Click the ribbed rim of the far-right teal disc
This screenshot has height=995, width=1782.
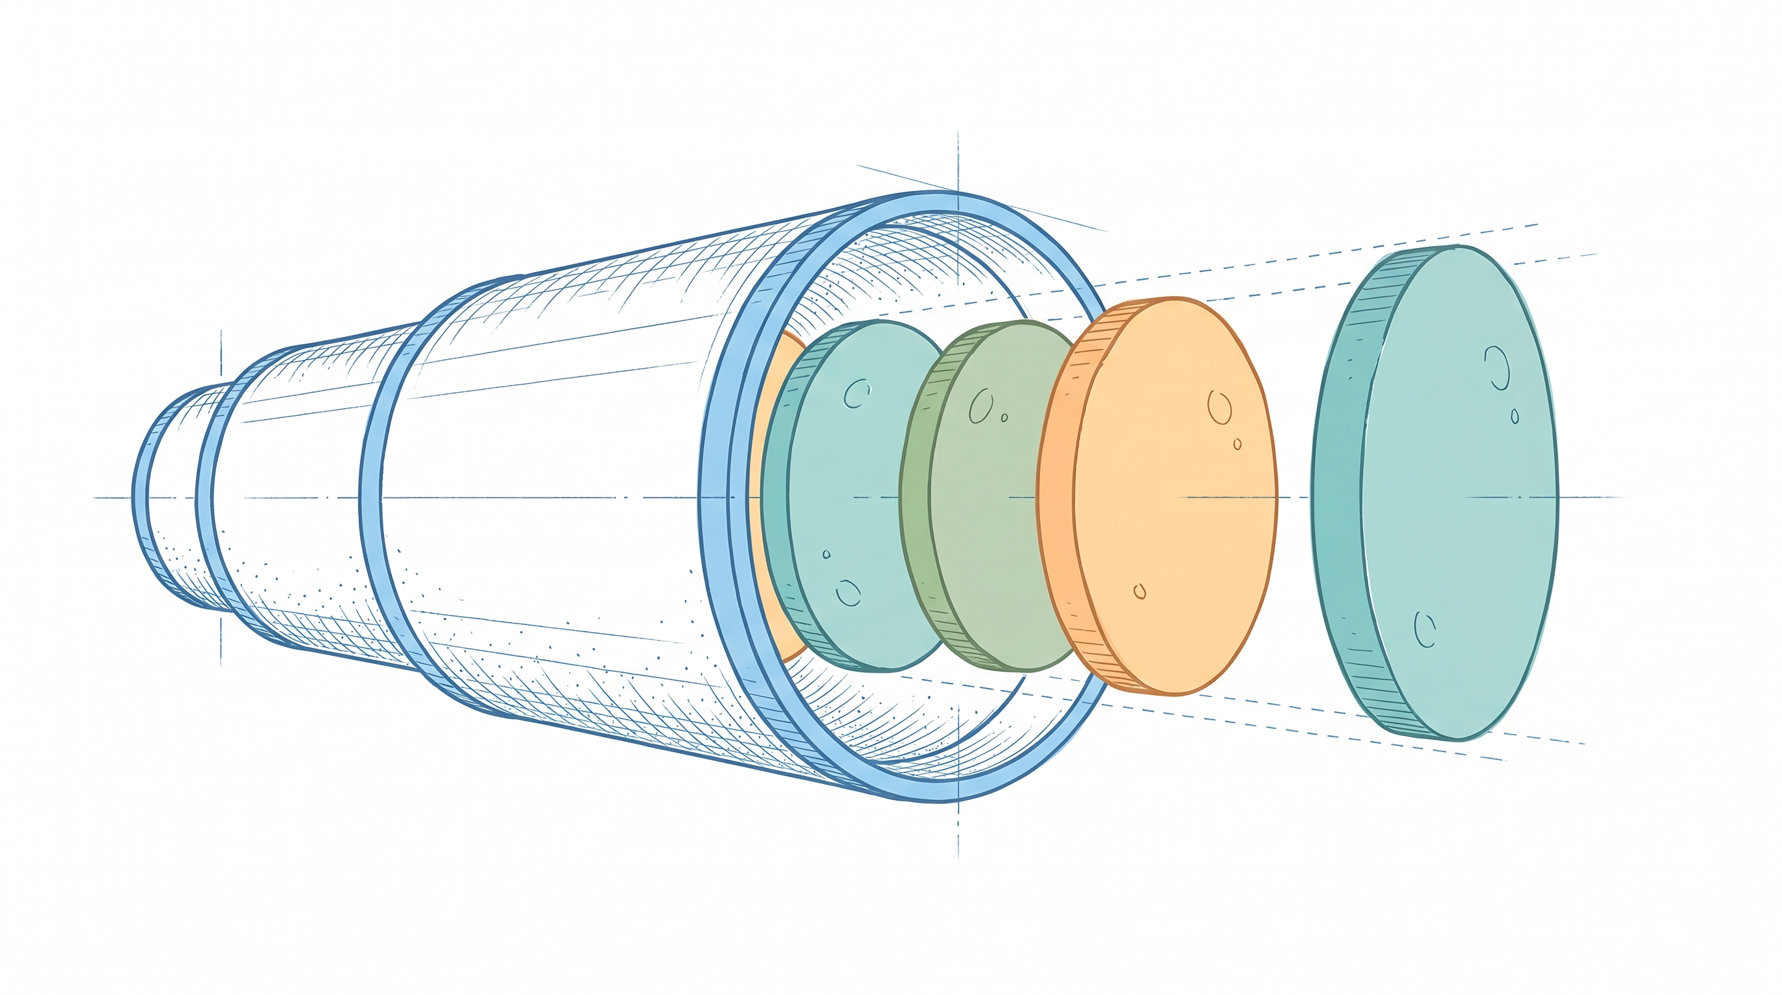(x=1338, y=498)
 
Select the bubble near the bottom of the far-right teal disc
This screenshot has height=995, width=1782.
(x=1425, y=629)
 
